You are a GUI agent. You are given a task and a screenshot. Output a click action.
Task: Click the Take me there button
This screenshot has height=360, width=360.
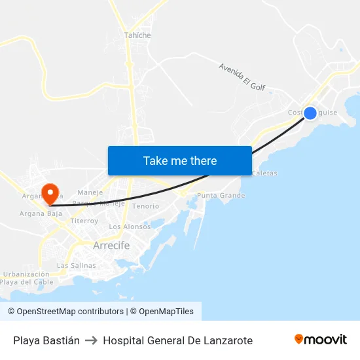pos(180,160)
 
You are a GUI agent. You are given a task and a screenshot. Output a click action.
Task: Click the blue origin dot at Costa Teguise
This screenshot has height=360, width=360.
pos(310,113)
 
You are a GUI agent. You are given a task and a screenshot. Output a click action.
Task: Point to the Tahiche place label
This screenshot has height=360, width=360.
pos(137,35)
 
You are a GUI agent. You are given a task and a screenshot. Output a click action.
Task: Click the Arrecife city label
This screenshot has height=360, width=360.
pos(111,245)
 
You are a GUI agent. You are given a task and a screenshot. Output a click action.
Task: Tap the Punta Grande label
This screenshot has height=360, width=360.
pos(221,196)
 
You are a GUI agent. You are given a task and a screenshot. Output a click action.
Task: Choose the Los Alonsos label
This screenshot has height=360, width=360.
pos(129,226)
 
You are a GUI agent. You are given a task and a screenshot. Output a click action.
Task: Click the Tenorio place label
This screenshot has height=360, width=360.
pos(145,206)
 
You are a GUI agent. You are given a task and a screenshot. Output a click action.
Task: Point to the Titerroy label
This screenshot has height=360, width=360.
pos(84,221)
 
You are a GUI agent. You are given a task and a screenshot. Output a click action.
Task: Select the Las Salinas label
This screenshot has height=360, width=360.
pos(77,266)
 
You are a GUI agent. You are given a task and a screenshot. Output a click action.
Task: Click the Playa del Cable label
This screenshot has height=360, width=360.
pos(26,282)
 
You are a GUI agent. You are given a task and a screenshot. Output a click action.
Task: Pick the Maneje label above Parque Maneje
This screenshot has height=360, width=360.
pos(90,192)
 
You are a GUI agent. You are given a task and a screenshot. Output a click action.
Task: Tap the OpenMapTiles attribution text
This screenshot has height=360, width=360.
pos(166,312)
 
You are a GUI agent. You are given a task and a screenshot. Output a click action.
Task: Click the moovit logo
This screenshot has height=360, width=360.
pos(321,340)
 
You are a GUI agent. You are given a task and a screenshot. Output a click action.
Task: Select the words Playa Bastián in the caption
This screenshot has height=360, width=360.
pos(46,340)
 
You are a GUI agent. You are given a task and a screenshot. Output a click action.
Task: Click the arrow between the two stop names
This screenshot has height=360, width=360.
pos(91,340)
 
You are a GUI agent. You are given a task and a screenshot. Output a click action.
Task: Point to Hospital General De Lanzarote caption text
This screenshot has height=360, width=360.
pos(177,340)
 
